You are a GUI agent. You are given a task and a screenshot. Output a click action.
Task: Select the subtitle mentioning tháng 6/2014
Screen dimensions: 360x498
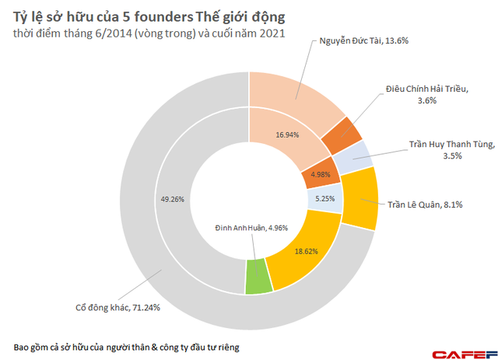coord(149,33)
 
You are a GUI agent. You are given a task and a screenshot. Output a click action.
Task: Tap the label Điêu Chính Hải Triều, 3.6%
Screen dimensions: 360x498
coord(426,95)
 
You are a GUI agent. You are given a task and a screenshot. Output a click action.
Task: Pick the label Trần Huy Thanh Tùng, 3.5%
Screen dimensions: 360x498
coord(447,149)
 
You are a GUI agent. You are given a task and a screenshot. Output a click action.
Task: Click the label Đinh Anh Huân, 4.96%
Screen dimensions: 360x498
coord(254,228)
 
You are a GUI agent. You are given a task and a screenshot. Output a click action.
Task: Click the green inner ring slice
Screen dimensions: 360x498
coord(258,277)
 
